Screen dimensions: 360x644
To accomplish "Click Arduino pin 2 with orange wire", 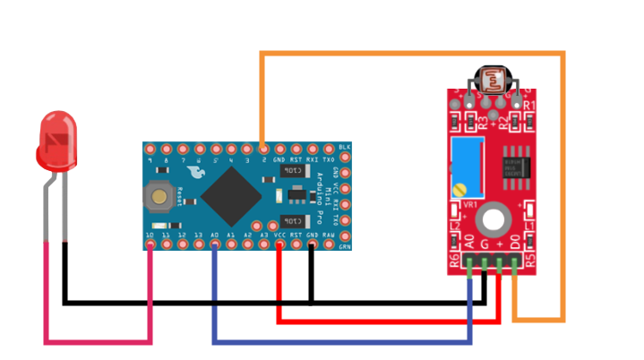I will [262, 148].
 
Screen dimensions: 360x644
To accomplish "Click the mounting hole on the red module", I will [493, 219].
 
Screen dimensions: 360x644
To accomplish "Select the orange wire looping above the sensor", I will [412, 54].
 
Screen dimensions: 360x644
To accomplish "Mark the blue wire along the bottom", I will [340, 342].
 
